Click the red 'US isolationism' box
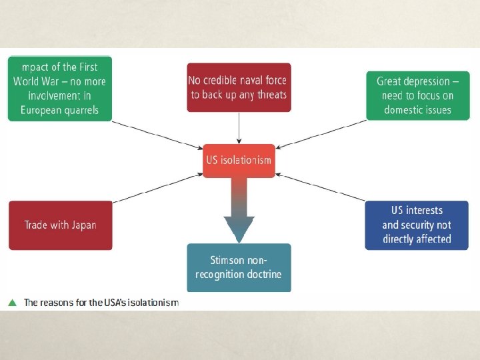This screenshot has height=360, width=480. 238,160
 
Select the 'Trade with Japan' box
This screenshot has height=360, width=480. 60,225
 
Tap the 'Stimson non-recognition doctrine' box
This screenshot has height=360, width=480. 239,267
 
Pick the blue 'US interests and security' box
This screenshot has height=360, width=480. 417,225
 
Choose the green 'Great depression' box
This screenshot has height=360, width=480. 417,95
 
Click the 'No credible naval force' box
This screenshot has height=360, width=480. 238,88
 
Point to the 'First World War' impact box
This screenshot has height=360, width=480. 59,88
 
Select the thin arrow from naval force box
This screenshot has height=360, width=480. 239,127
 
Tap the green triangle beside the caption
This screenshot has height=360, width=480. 12,303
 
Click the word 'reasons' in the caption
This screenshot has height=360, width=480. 60,303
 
